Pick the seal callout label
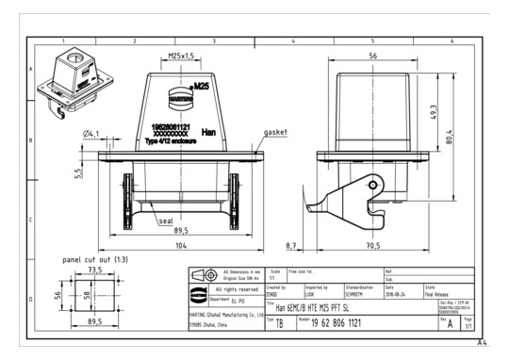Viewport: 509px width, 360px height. click(165, 221)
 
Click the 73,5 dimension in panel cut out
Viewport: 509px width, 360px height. click(94, 269)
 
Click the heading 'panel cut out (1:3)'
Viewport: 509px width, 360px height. click(95, 256)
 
